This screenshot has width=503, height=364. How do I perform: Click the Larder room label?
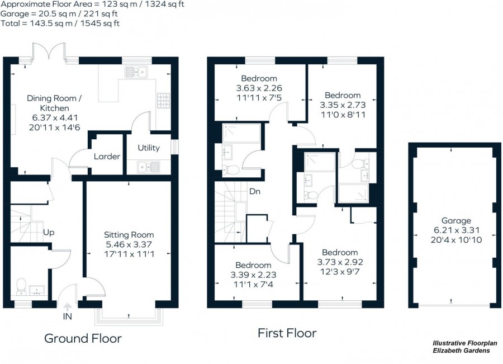tap(107, 157)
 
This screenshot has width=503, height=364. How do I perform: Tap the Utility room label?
tap(149, 148)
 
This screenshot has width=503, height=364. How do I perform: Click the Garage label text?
tap(456, 221)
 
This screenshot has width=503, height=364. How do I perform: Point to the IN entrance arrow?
tap(68, 307)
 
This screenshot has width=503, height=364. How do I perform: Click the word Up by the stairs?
tap(49, 232)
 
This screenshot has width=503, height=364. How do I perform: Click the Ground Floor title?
tap(83, 338)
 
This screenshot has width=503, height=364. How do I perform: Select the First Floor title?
tap(287, 333)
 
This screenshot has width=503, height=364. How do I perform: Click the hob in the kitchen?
tap(163, 100)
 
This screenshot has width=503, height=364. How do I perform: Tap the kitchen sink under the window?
tap(136, 72)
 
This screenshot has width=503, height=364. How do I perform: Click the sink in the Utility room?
tap(148, 166)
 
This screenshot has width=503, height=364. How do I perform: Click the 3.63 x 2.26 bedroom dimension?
tap(259, 88)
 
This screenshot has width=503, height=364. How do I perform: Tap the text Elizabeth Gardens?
tap(462, 351)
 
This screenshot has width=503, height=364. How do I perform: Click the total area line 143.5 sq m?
tap(60, 23)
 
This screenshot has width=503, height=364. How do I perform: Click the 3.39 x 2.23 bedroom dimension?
tap(253, 275)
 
